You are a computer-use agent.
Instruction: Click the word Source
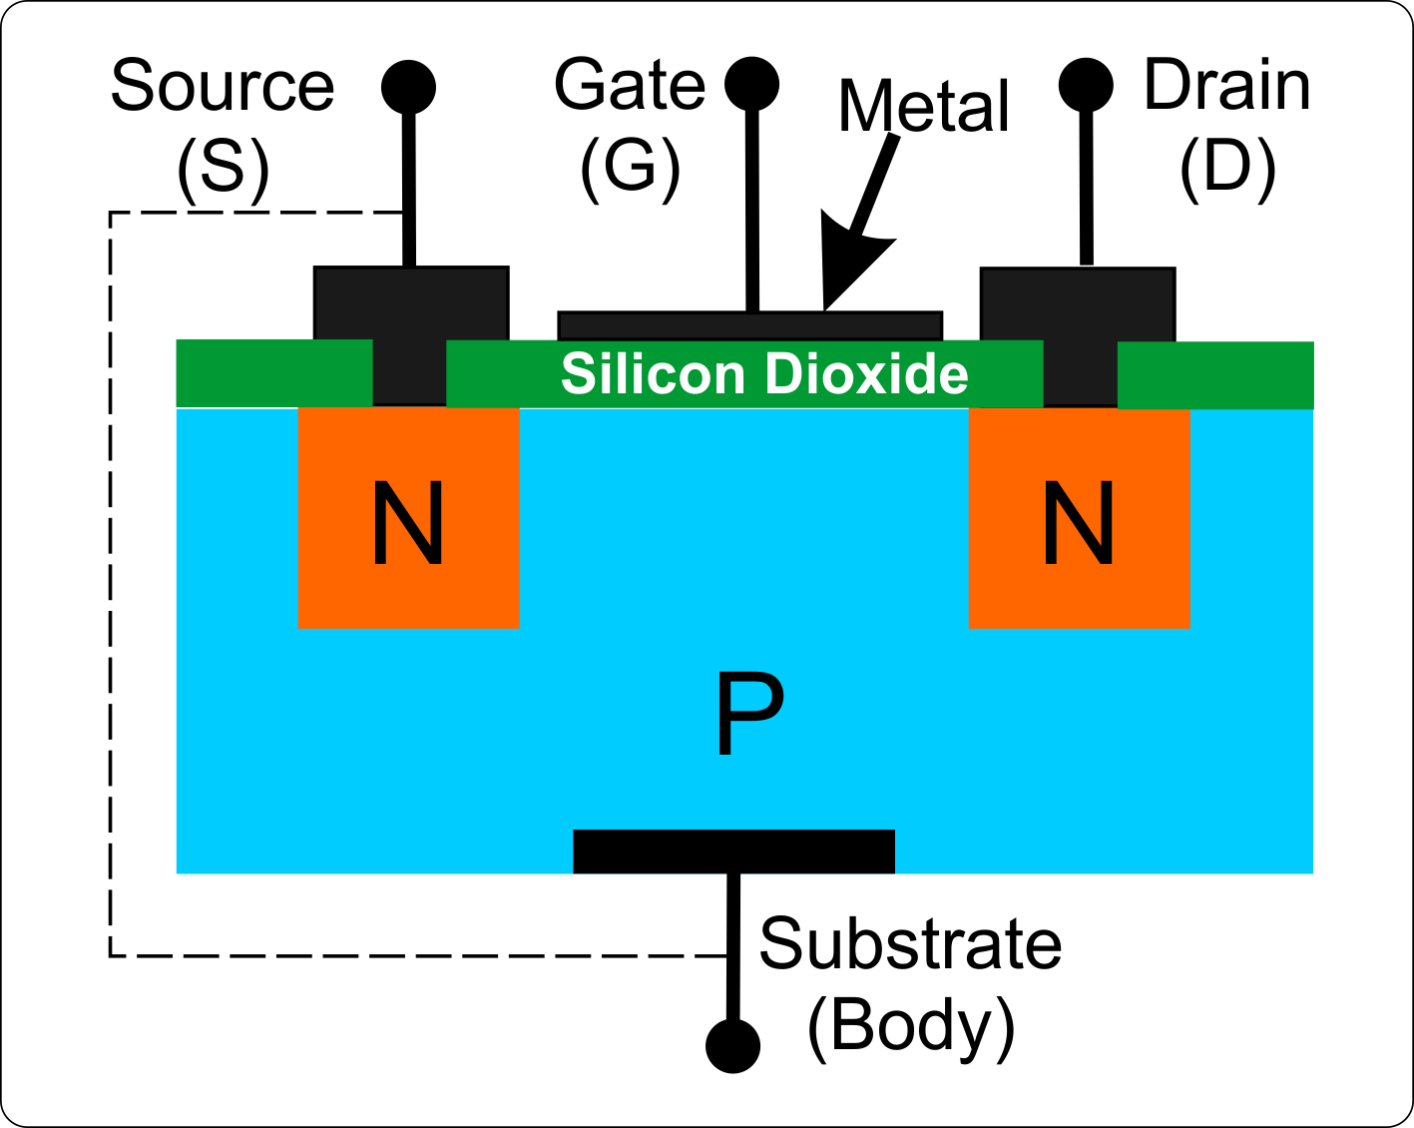222,87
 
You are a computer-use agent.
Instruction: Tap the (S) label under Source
223,168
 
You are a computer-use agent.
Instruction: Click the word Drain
1226,86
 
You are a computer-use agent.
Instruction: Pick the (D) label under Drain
1226,167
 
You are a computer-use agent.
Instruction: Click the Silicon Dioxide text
764,374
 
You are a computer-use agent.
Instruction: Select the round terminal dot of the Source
408,87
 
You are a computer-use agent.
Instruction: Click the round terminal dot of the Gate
751,83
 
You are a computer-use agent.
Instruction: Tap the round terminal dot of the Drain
1086,84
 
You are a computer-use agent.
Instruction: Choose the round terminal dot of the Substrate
732,1045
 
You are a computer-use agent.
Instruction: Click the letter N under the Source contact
407,524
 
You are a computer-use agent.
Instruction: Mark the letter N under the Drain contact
1078,524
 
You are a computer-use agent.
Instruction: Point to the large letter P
749,713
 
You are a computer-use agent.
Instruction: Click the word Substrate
909,943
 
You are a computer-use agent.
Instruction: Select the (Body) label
909,1025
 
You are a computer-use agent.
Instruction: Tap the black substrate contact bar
733,851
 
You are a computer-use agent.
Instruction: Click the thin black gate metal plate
649,325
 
